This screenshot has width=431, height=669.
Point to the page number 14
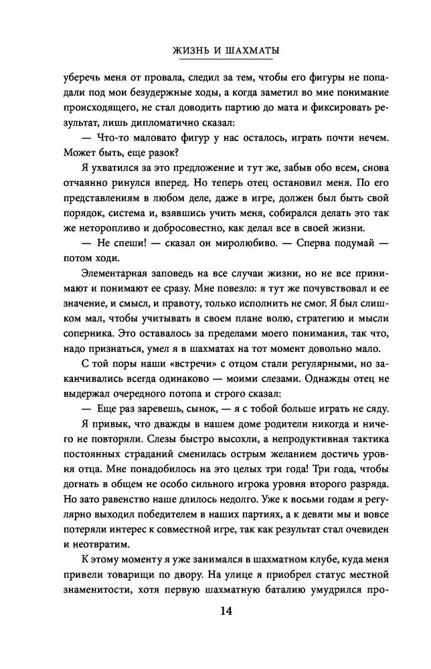215,611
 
